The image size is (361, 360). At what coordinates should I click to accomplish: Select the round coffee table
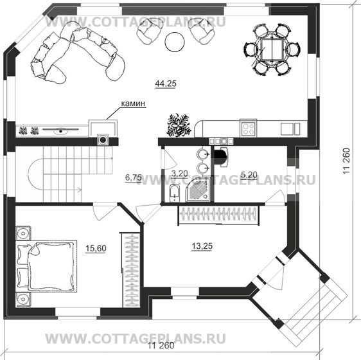(x=173, y=41)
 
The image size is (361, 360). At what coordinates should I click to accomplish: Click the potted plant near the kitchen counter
(x=179, y=125)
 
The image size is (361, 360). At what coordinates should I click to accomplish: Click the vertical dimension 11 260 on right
(x=348, y=161)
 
